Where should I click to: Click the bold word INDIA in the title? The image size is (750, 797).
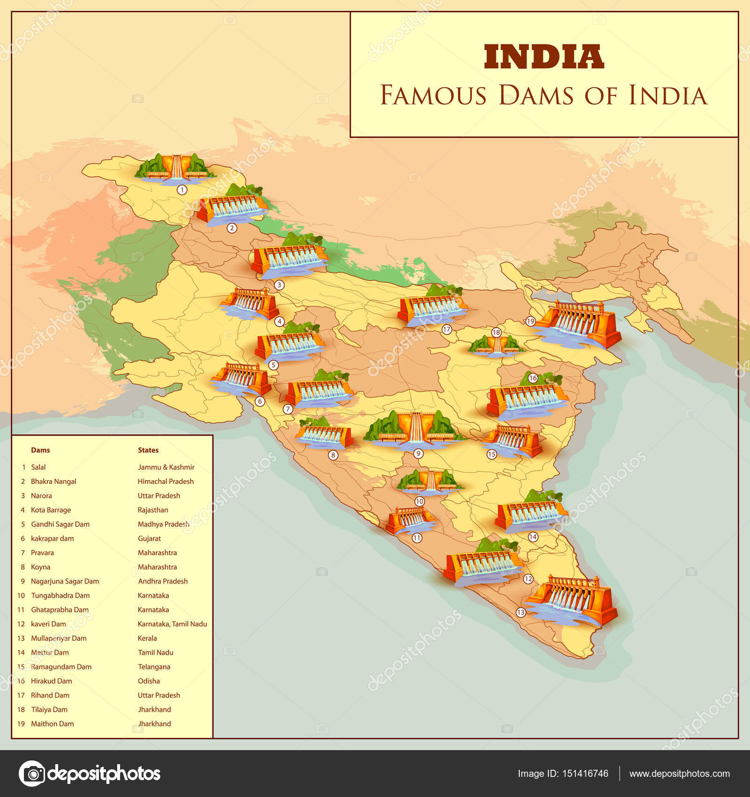coord(544,57)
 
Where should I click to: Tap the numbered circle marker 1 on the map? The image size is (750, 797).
coord(182,190)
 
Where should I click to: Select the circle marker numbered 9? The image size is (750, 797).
coord(418,453)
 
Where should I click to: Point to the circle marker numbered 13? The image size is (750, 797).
coord(520,612)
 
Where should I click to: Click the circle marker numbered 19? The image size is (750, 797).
coord(530,321)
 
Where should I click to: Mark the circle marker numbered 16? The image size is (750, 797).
coord(532,378)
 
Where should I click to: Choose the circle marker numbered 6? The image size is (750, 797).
coord(260,401)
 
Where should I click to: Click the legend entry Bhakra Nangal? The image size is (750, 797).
coord(53,481)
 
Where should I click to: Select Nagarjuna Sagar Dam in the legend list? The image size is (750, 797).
coord(65,581)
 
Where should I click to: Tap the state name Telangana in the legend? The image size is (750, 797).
coord(154,667)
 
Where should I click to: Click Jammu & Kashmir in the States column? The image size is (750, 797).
coord(166,467)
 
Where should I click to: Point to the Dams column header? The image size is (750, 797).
coord(40,450)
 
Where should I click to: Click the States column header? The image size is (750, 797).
coord(148,450)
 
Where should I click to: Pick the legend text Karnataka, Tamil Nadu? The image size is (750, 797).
coord(172,624)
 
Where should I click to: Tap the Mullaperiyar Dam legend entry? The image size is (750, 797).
coord(59,638)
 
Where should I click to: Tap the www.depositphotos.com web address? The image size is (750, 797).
coord(679,774)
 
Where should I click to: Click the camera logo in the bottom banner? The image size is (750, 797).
coord(32,773)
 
